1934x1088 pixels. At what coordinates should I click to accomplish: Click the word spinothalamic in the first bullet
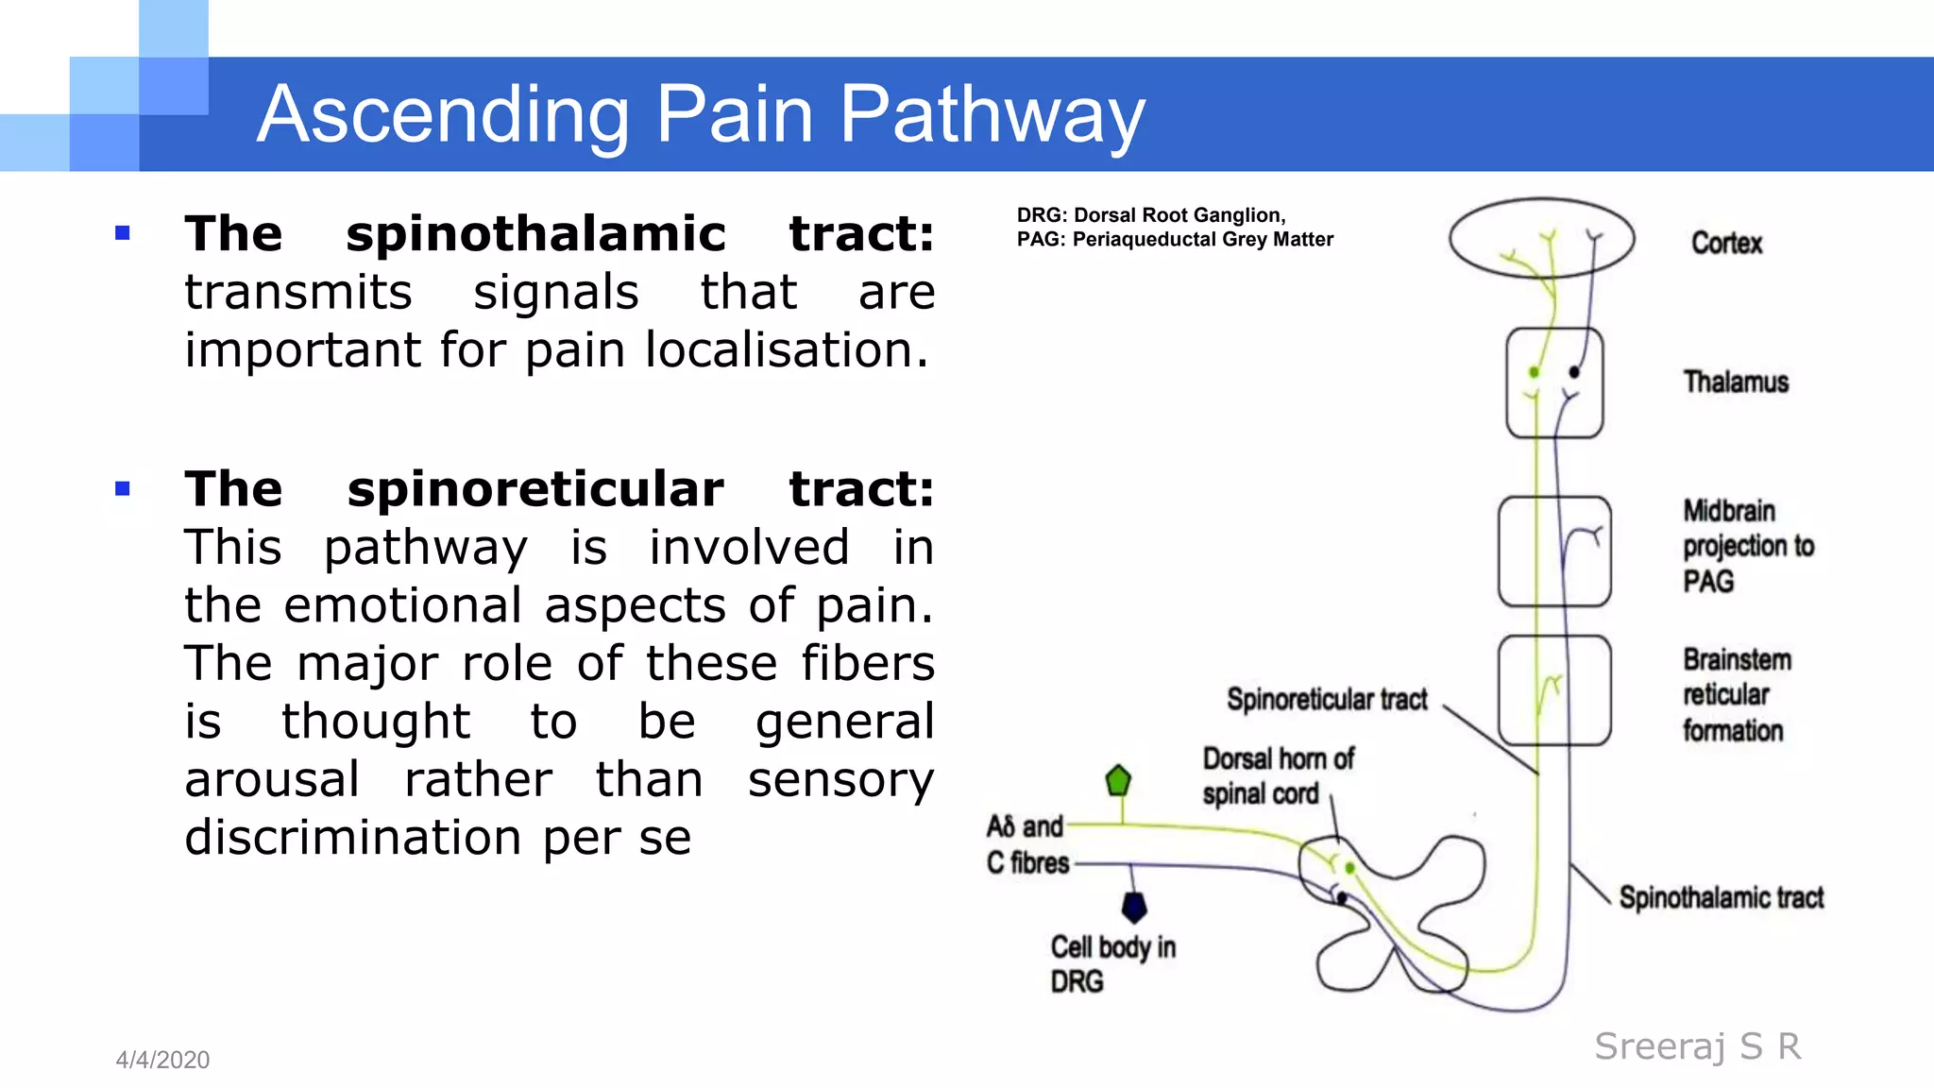535,234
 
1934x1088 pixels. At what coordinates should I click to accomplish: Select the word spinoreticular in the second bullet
535,489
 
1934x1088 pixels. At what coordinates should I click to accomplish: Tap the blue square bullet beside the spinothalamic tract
122,233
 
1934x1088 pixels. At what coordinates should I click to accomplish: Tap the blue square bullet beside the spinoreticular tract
122,488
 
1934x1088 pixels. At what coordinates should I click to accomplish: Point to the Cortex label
1726,244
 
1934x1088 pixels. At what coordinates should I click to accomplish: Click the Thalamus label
1736,382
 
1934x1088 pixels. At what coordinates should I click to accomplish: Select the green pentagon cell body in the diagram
1118,781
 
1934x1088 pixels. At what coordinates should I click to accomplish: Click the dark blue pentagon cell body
1134,908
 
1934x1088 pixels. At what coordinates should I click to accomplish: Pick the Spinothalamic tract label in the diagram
1721,898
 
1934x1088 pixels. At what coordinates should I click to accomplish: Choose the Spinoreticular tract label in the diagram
1327,700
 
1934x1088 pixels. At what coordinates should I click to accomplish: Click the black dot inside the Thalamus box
1574,372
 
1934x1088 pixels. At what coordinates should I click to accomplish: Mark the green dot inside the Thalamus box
1534,372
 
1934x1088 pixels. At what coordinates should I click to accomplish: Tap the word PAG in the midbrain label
1708,582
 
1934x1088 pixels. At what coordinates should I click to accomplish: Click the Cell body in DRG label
1112,964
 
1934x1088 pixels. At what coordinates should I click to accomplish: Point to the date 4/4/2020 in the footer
162,1060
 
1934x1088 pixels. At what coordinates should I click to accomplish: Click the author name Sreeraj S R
1698,1046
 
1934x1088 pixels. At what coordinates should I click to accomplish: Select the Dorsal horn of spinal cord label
1277,776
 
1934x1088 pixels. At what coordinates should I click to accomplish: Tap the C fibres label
1027,863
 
